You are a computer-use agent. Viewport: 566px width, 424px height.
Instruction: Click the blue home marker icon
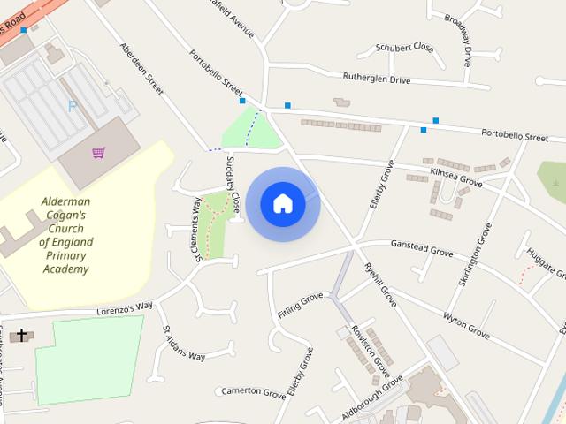tap(283, 204)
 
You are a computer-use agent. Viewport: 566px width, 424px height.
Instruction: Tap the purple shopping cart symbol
tap(98, 153)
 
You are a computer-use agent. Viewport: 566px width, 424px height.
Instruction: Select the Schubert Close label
tap(404, 47)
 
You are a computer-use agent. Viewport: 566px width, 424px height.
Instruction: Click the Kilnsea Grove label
tap(455, 177)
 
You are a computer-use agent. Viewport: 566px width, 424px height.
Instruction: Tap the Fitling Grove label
tap(301, 306)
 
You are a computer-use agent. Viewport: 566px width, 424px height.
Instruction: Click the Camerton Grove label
tap(253, 391)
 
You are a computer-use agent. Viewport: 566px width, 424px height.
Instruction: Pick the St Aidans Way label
tap(183, 344)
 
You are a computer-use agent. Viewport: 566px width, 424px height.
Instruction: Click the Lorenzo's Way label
tap(126, 307)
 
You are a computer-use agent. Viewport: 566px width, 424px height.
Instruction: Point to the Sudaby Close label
tap(233, 184)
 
